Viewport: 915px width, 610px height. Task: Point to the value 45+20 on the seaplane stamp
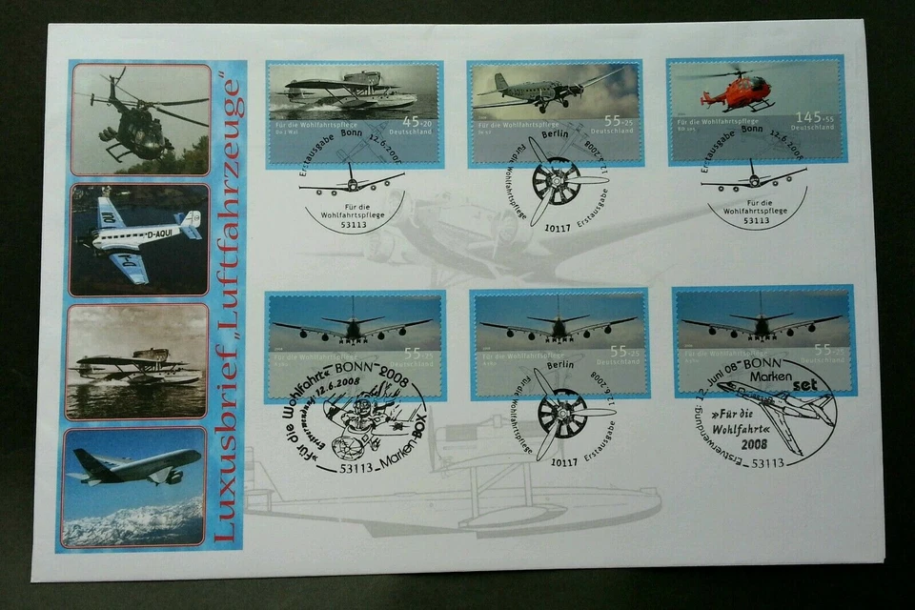[x=417, y=120]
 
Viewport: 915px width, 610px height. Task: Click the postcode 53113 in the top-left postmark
[x=355, y=221]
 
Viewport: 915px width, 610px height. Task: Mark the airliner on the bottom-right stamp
[x=762, y=324]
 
